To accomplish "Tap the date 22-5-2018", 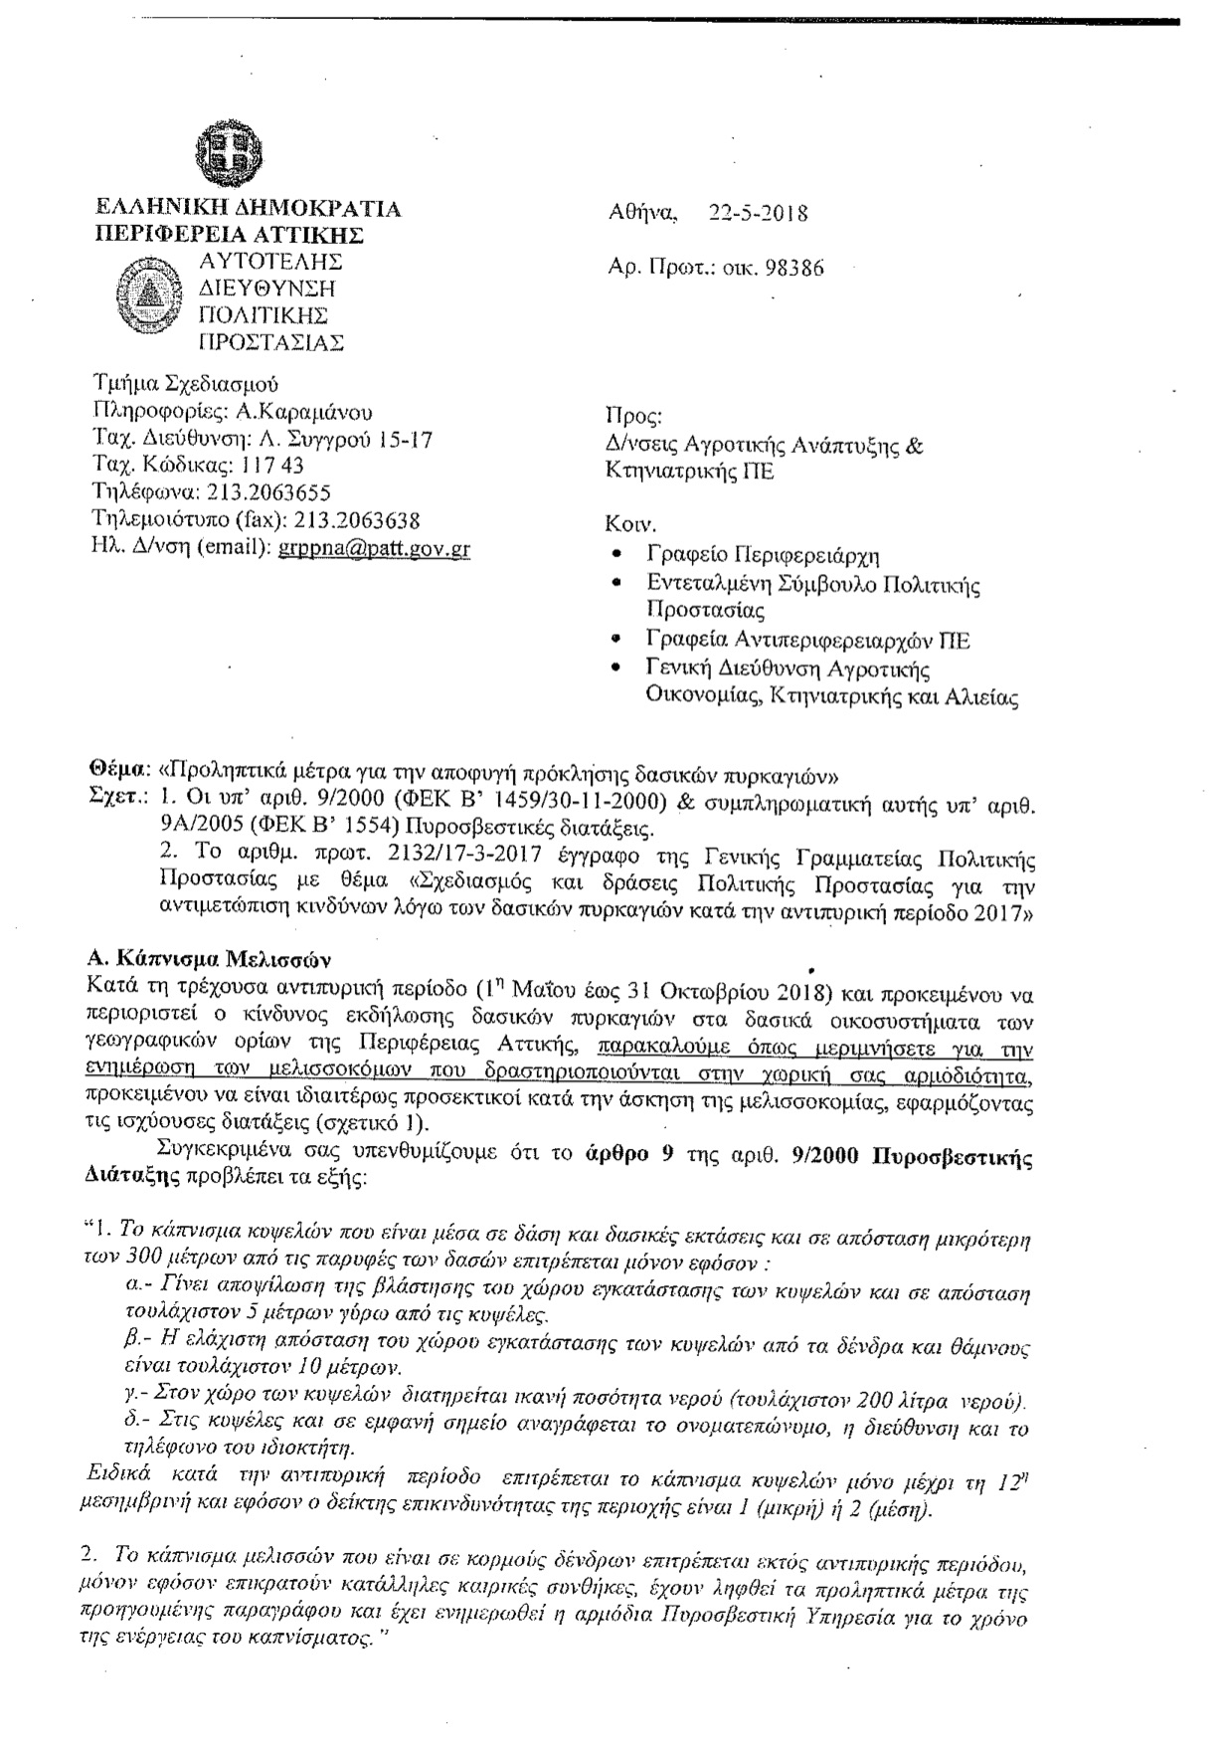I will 758,213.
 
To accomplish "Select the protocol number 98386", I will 794,268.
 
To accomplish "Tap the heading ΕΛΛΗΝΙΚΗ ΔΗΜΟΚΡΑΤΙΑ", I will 247,208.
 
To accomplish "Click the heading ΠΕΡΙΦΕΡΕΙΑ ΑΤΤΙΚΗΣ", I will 229,235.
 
